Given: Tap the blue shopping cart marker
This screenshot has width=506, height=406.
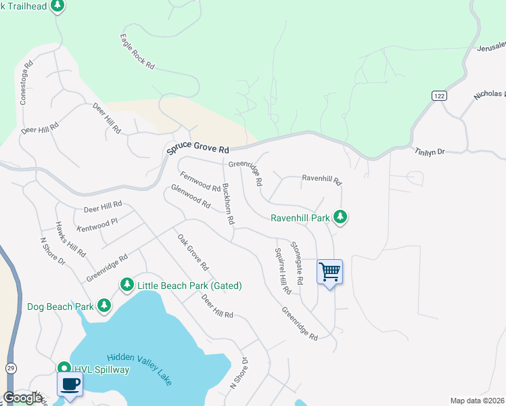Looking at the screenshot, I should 329,272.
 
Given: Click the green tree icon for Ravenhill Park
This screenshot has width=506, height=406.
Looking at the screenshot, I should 342,217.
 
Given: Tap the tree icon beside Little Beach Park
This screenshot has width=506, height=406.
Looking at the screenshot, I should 127,285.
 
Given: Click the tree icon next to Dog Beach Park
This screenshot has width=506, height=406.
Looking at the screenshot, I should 103,306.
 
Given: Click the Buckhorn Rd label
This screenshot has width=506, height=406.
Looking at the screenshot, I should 229,204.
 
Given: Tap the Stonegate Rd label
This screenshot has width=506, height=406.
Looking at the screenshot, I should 300,263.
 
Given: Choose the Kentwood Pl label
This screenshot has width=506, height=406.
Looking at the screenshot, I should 97,221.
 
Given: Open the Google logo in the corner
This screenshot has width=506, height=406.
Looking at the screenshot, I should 22,397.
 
